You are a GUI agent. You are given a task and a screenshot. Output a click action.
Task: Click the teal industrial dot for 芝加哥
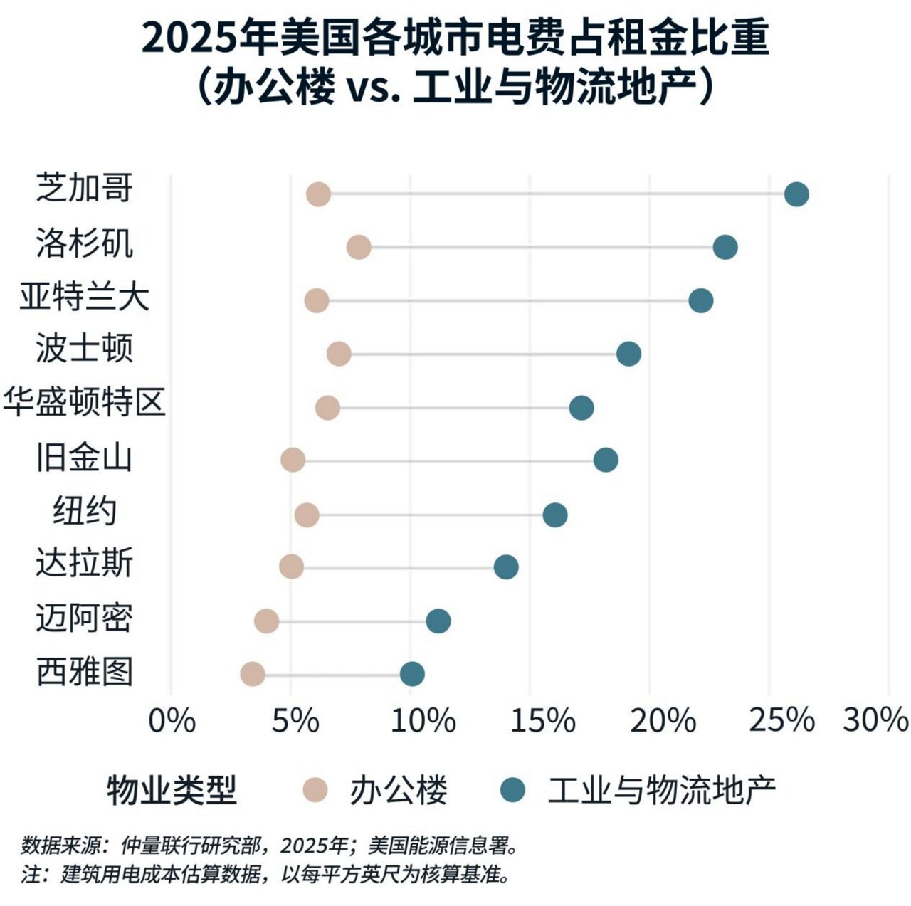click(x=796, y=194)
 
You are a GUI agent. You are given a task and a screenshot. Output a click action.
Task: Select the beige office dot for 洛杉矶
click(x=359, y=248)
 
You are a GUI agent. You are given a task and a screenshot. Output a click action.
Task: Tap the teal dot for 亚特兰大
click(x=700, y=300)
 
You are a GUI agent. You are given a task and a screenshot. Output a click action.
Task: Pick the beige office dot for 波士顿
click(x=339, y=354)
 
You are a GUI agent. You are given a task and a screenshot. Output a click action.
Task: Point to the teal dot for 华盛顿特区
click(x=581, y=408)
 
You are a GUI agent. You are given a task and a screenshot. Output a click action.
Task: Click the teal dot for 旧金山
click(x=606, y=460)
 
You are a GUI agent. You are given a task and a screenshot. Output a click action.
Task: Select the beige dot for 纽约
click(x=307, y=515)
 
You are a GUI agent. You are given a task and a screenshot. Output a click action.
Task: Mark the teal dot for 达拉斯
click(x=505, y=567)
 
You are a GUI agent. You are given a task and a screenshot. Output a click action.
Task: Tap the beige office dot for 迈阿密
click(x=266, y=621)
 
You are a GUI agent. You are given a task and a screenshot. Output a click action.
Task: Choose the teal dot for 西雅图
click(x=412, y=674)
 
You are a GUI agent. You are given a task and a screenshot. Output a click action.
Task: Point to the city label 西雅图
click(x=84, y=671)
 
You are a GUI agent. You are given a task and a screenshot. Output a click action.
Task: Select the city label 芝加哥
click(x=84, y=189)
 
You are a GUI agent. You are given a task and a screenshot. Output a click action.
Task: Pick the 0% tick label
click(x=171, y=721)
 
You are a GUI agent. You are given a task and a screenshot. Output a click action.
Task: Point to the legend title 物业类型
click(x=172, y=790)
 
